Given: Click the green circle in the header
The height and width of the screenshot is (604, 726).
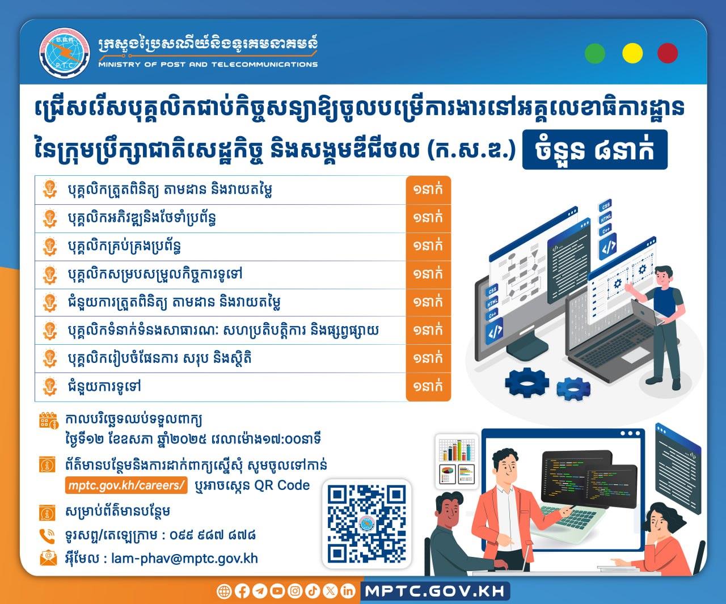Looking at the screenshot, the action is pos(595,53).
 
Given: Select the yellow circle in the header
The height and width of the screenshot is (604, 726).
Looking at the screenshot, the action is pos(632,53).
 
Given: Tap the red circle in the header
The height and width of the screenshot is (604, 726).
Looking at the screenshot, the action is pos(668,53).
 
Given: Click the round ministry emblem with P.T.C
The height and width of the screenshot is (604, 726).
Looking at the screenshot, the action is pos(64,53).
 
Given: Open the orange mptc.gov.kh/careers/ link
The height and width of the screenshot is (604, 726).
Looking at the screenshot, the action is pos(126,485).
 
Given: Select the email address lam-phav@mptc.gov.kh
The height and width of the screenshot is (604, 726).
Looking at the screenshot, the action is pos(185,559).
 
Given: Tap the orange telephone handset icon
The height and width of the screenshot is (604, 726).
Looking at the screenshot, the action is pos(47,536).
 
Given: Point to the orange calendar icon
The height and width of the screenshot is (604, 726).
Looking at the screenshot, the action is pos(48,421).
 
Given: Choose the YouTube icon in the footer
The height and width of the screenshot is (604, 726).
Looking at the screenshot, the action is pos(277,591).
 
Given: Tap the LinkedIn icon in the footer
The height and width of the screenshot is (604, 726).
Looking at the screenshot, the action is pos(348,591).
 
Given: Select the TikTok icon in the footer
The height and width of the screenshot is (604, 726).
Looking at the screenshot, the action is pos(312,591).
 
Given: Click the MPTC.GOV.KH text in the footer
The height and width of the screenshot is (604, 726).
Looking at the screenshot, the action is pos(435,591).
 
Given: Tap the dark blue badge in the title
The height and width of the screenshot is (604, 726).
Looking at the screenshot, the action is pos(594,150).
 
